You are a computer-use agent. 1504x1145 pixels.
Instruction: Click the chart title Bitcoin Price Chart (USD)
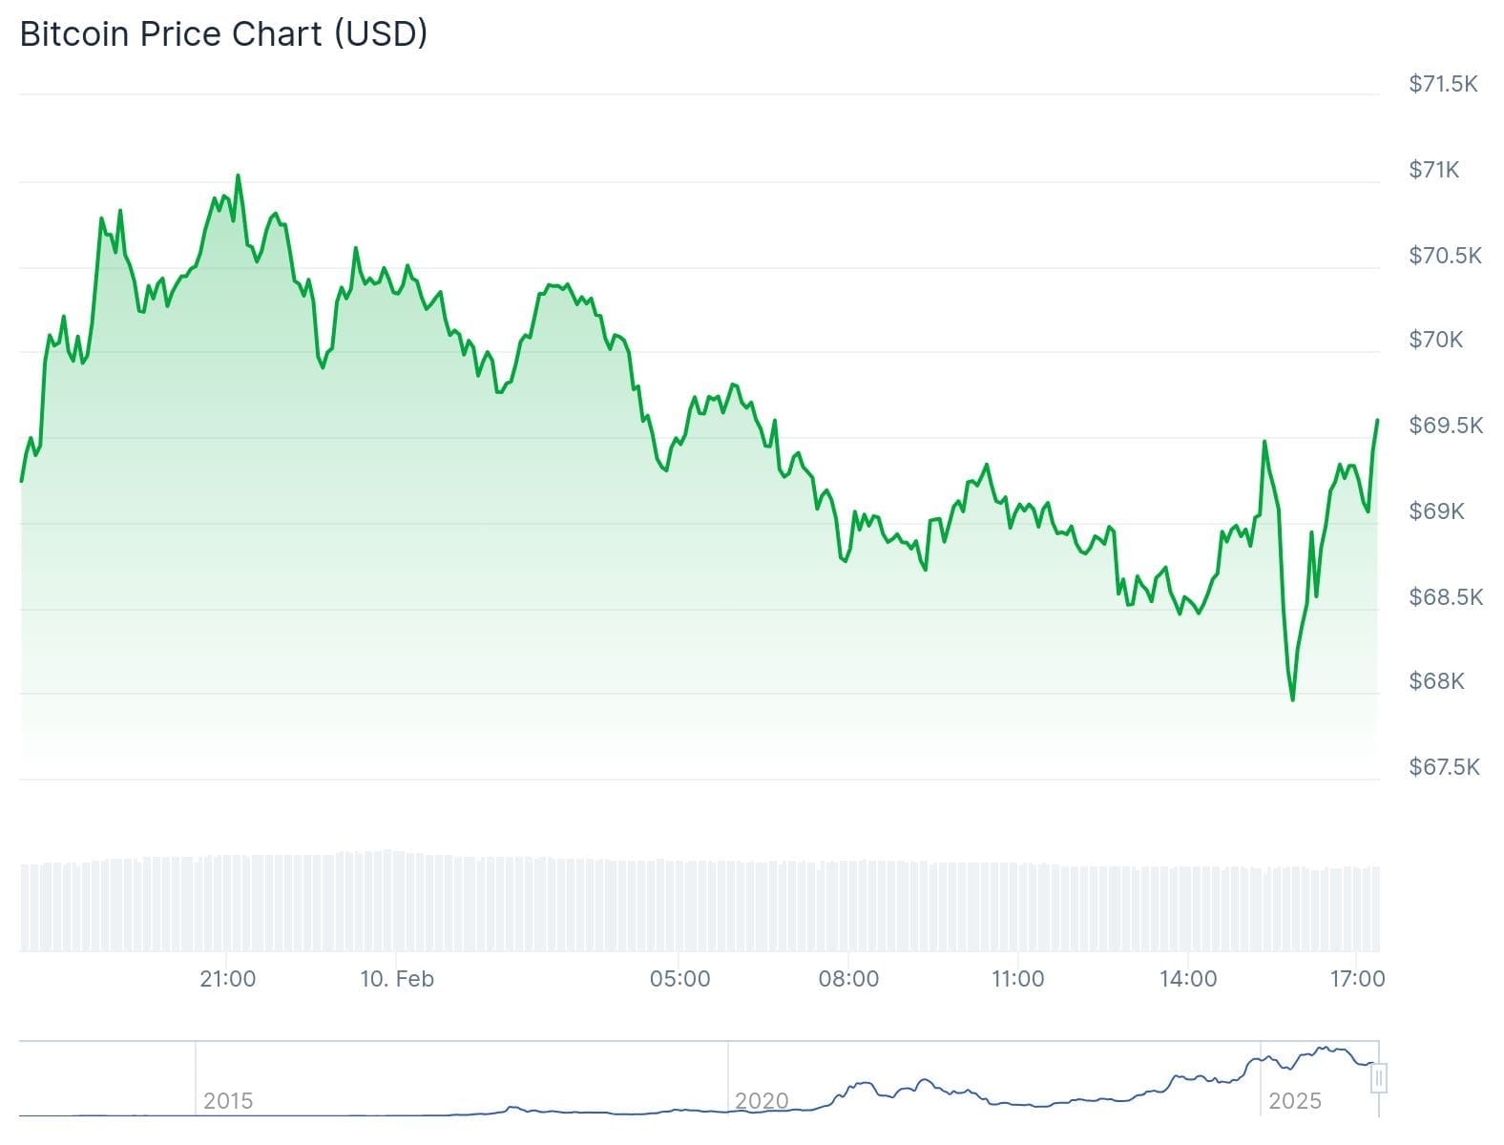[x=223, y=33]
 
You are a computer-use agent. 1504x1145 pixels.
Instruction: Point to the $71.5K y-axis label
[x=1443, y=84]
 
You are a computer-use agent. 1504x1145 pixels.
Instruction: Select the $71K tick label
[x=1433, y=170]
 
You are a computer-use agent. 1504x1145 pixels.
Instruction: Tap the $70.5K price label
[x=1445, y=256]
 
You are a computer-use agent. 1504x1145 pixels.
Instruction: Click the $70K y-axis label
[x=1435, y=340]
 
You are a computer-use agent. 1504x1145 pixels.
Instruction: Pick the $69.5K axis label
[x=1446, y=426]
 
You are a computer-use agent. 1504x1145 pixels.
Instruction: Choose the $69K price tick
[x=1436, y=511]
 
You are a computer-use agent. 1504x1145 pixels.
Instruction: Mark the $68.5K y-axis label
[x=1446, y=597]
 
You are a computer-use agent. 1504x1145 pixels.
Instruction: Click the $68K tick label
[x=1436, y=681]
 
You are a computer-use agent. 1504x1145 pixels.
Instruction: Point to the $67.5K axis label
[x=1444, y=767]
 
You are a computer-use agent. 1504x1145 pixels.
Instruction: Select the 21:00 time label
[x=227, y=979]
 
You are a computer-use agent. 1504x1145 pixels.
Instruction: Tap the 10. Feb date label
[x=397, y=979]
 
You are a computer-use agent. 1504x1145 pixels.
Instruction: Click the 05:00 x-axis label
[x=679, y=979]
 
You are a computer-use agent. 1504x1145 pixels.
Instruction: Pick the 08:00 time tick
[x=848, y=979]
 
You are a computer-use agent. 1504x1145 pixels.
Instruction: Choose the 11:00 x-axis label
[x=1017, y=979]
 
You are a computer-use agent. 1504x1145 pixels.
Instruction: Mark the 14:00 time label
[x=1187, y=979]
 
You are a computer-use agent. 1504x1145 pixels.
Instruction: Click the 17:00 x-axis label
[x=1357, y=979]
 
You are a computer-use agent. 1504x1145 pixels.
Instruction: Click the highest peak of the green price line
[x=238, y=176]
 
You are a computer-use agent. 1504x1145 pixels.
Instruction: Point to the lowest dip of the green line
[x=1293, y=699]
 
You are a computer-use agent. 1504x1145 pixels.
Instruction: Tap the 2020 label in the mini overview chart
[x=762, y=1101]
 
